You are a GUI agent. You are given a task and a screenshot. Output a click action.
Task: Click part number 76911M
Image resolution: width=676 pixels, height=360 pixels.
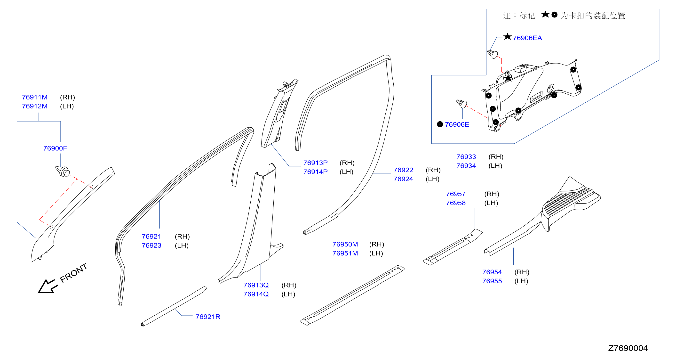pos(35,97)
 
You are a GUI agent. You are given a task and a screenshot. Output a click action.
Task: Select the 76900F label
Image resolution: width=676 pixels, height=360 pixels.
pos(55,148)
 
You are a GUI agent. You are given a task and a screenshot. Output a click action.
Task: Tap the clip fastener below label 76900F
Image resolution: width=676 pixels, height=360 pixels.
pos(63,171)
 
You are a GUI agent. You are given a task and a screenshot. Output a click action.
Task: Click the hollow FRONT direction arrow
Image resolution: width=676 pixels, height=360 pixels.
pos(47,286)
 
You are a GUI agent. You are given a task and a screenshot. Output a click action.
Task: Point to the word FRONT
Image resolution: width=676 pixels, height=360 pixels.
pos(73,273)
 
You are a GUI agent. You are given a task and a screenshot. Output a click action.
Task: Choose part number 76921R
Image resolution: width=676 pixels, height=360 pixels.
pos(208,317)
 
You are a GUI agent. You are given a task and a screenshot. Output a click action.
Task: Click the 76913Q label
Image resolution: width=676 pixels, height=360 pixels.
pos(256,285)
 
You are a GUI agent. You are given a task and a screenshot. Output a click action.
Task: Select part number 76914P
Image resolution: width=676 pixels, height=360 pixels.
pos(315,172)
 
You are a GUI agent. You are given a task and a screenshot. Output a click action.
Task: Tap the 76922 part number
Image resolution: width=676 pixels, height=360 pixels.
pos(403,170)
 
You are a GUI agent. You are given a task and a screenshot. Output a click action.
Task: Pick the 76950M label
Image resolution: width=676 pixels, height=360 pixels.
pos(345,244)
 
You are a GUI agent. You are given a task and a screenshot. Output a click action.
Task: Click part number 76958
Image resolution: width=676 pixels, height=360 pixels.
pos(456,203)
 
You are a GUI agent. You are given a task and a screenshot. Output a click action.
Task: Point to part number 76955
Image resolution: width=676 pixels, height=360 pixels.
pos(492,281)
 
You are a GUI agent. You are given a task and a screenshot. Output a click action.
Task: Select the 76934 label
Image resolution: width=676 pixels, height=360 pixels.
pos(466,166)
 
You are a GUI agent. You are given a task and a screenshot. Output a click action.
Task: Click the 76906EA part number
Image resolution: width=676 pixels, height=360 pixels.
pos(527,38)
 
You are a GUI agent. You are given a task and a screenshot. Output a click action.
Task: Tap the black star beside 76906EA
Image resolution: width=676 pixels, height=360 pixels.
pos(508,37)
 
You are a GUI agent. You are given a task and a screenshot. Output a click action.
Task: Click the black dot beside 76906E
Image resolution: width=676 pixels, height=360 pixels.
pos(440,124)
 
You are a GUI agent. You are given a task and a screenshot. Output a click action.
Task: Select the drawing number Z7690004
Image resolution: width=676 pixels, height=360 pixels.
pos(628,348)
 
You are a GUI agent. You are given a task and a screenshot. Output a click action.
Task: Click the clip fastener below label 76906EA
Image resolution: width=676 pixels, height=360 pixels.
pos(493,54)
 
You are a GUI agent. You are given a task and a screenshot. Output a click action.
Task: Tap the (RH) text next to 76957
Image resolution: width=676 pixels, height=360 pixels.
pos(492,194)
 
